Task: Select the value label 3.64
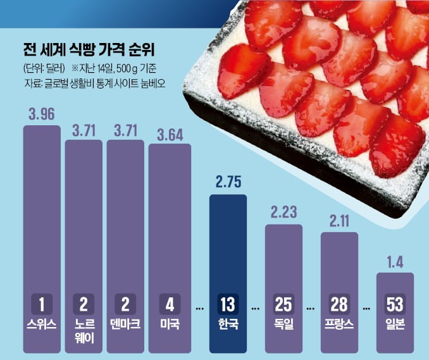pos(168,134)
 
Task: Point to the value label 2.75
pos(228,184)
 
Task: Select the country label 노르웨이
pos(84,331)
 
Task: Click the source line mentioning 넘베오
pos(88,82)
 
